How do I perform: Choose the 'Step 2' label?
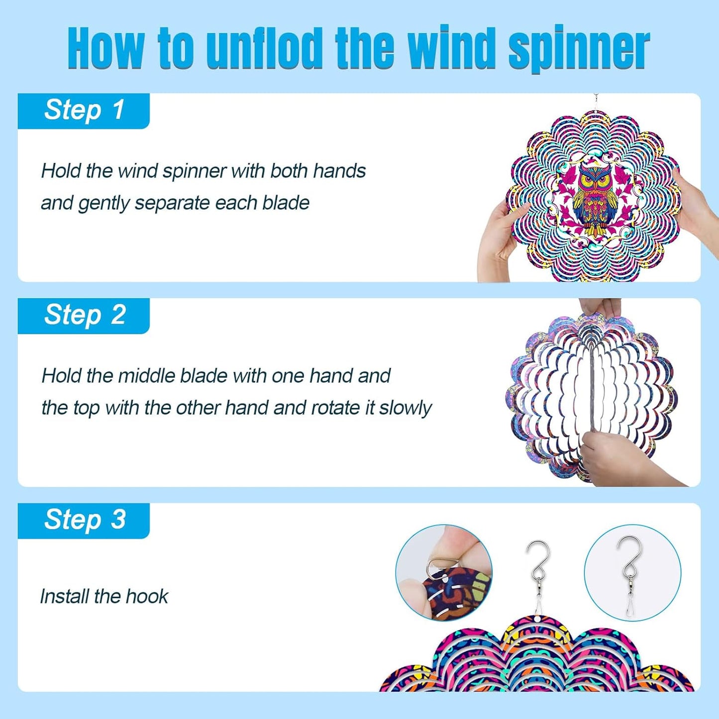(84, 315)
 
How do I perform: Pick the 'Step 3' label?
(84, 520)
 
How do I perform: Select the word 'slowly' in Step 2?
(406, 408)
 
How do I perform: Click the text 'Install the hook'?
(104, 596)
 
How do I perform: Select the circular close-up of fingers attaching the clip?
(443, 573)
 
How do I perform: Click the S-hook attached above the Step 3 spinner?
(538, 567)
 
